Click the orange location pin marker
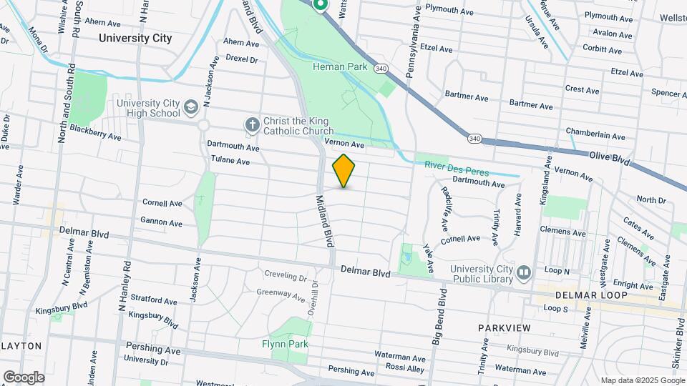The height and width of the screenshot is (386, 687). tap(343, 170)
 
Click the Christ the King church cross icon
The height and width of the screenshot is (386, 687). tap(252, 125)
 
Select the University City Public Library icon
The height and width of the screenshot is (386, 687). tap(524, 272)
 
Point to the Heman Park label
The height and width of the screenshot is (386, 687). tap(340, 66)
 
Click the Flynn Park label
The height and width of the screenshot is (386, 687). tap(284, 344)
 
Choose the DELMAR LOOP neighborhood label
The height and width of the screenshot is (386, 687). tap(591, 295)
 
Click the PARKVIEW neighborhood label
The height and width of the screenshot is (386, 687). tap(505, 327)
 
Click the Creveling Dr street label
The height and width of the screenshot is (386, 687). tap(286, 274)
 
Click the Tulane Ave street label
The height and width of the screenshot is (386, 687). tap(230, 161)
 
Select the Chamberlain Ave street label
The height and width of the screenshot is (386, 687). tap(595, 134)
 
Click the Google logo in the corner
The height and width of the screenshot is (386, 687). tap(23, 377)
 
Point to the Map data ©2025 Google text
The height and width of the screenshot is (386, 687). tap(642, 380)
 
